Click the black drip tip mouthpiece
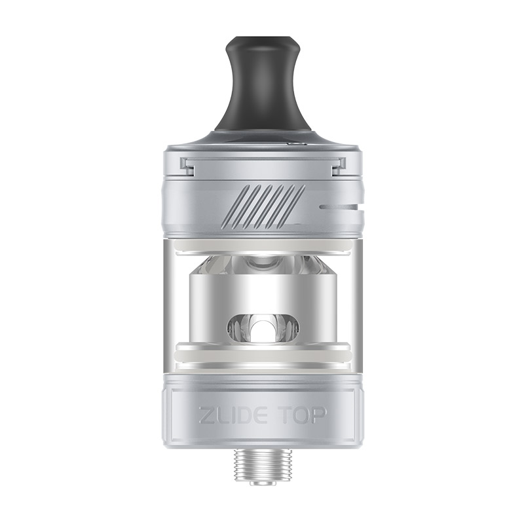coord(261,88)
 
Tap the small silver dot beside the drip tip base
coord(295,143)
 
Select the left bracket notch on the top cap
coord(187,166)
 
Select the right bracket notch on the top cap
coord(337,166)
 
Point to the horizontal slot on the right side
coord(339,207)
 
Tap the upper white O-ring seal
coord(261,244)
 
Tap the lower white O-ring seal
coord(261,352)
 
